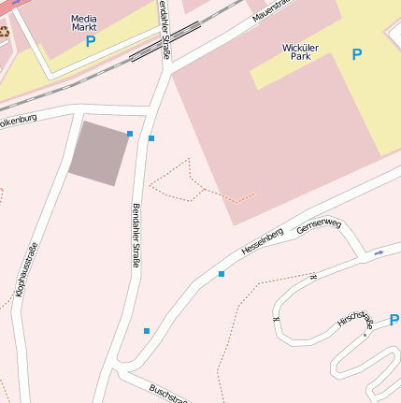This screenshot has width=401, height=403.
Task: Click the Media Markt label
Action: point(83,22)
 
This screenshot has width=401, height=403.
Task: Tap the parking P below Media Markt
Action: point(90,41)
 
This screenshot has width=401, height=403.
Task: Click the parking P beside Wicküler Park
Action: point(356,54)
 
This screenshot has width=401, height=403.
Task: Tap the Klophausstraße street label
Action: point(26,269)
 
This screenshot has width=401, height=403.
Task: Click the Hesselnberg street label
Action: point(262,240)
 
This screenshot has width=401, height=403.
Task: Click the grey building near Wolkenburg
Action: point(99,152)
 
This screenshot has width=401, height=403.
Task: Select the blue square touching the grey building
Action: point(129,135)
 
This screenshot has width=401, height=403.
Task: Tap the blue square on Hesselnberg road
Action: point(222,274)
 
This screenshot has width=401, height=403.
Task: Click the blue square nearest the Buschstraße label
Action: point(147,331)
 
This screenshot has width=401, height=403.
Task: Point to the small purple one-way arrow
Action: point(379,252)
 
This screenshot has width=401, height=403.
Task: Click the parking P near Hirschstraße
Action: point(394,320)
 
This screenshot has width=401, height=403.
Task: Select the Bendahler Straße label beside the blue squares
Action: point(136,236)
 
